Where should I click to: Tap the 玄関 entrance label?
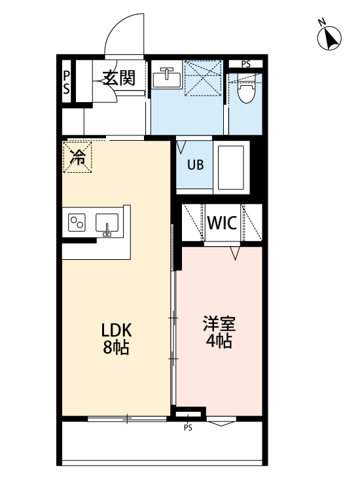118,79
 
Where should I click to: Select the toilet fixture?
246,92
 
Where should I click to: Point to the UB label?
196,165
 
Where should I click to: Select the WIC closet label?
222,223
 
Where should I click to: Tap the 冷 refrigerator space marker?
78,157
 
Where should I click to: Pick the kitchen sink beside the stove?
107,224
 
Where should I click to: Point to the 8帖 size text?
115,348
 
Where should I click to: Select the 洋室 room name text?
219,323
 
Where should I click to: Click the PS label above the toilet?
245,64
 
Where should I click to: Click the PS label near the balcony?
188,428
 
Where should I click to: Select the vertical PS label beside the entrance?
67,84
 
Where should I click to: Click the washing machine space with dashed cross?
204,78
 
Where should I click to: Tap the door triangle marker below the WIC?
234,252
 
